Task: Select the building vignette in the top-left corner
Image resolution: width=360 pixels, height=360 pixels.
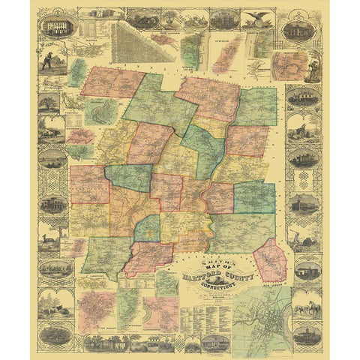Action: click(58, 28)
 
